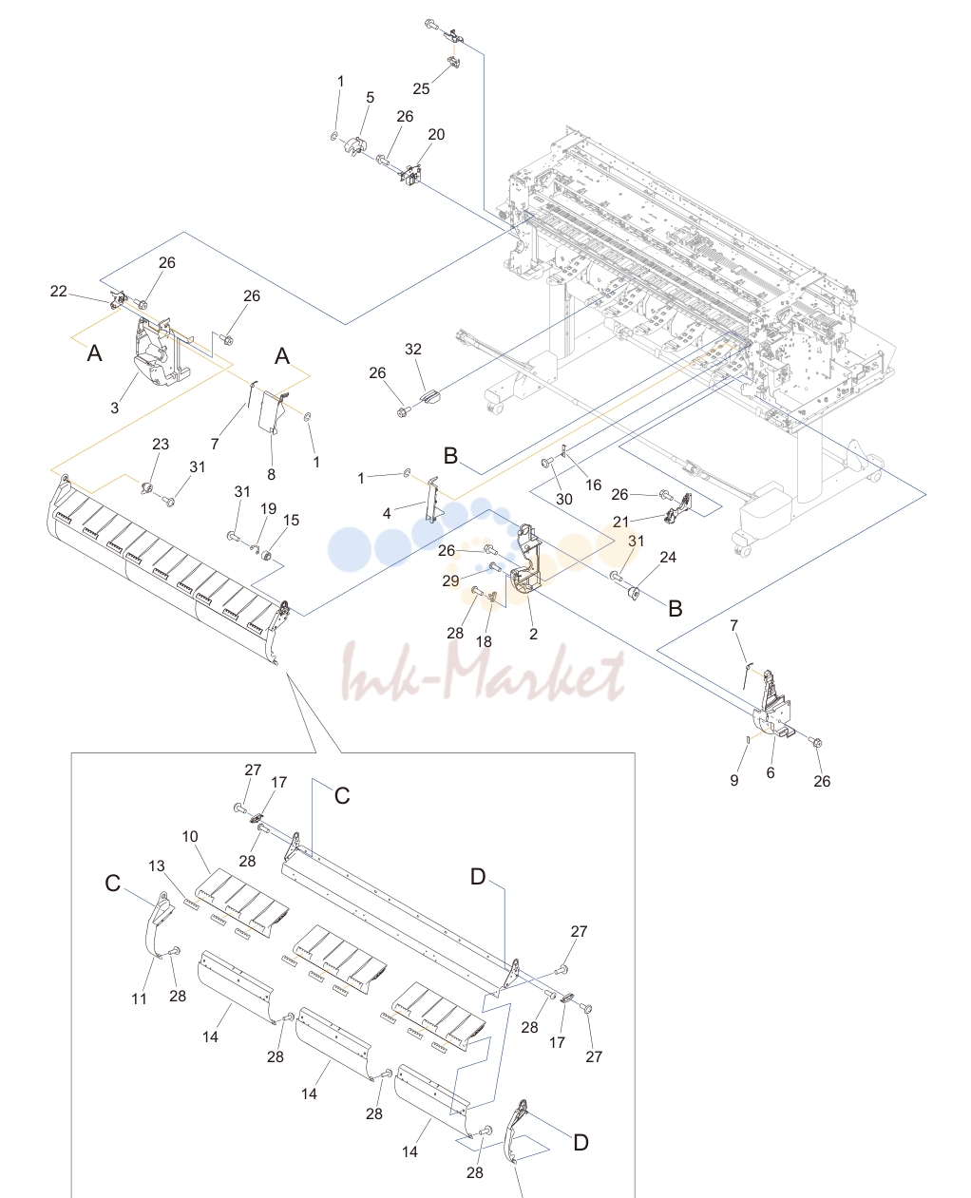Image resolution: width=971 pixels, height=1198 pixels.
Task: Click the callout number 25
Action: click(421, 89)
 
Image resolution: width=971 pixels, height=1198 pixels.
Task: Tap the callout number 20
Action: click(436, 134)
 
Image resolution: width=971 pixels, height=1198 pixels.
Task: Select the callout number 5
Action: click(370, 97)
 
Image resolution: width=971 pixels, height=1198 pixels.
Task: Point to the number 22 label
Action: click(59, 291)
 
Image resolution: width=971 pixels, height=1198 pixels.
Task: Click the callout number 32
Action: click(413, 350)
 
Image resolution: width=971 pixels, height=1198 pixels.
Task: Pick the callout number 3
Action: click(115, 408)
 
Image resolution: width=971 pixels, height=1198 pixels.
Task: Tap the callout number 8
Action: click(271, 474)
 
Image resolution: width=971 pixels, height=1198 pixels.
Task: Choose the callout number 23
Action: click(161, 444)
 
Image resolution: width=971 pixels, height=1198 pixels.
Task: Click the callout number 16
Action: click(594, 485)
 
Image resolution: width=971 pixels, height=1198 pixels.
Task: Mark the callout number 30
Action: click(563, 499)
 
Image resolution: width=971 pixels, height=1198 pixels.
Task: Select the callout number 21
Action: click(620, 522)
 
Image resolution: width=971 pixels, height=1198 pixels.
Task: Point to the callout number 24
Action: click(668, 557)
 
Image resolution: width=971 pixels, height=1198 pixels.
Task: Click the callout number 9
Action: click(734, 780)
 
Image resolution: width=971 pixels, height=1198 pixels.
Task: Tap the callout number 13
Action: click(157, 865)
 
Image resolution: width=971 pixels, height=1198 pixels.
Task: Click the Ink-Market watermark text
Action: click(483, 674)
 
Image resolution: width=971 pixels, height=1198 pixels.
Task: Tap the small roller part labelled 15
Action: click(268, 557)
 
